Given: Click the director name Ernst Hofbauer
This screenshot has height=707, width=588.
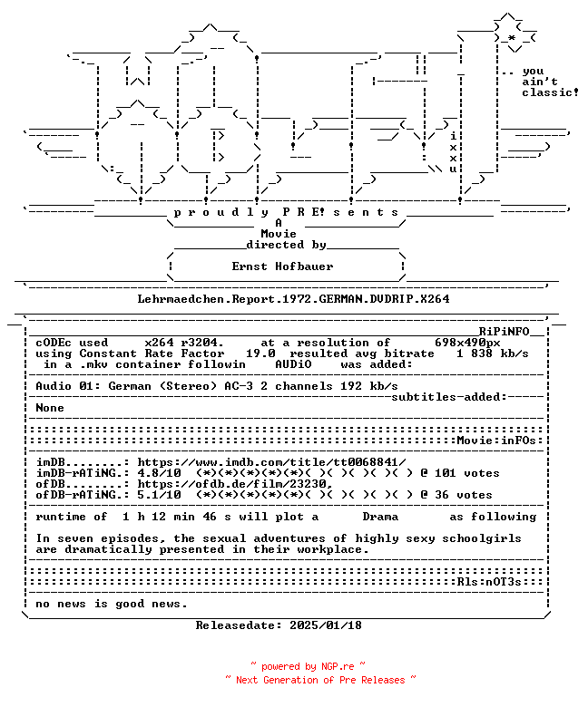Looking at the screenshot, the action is [x=282, y=266].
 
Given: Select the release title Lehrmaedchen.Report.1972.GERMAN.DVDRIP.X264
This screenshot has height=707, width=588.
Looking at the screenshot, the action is [x=293, y=299].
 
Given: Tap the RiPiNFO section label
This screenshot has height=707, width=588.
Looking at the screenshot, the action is [x=504, y=332].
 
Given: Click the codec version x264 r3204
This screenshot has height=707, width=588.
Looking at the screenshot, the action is [x=184, y=343].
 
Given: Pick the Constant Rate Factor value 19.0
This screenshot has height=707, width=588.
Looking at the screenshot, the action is [x=260, y=353].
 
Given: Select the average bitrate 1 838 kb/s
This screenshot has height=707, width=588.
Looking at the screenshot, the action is [x=493, y=353].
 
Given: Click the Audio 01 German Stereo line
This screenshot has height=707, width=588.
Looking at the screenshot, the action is [x=217, y=386].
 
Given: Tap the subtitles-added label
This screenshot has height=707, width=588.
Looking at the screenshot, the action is [x=449, y=397].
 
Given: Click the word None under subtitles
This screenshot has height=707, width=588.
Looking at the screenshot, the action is [x=50, y=408].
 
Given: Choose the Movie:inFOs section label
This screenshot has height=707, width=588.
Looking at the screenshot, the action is [x=496, y=441].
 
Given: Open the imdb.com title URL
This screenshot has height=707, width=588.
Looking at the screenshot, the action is [x=271, y=462].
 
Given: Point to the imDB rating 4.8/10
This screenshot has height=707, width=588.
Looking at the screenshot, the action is [x=160, y=473].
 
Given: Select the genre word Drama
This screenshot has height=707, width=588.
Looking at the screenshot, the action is [x=380, y=517].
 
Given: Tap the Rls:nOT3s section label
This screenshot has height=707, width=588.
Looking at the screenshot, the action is [x=489, y=582].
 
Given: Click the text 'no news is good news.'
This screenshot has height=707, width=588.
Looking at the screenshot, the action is [x=111, y=604].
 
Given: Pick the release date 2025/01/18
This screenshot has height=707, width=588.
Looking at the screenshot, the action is [x=326, y=625].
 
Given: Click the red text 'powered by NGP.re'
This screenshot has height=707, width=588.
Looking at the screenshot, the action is [x=308, y=666].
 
